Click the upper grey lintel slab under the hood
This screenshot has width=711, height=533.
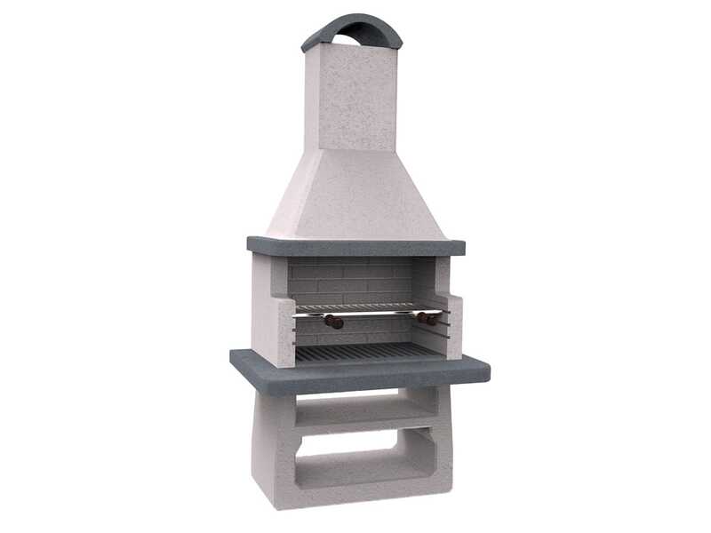coord(355,246)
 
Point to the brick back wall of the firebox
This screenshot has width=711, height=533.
coord(355,280)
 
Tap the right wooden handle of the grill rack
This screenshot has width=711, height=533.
coord(429,317)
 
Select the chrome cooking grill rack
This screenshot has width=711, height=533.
coord(369,308)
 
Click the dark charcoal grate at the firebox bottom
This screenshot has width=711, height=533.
coord(369,352)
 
